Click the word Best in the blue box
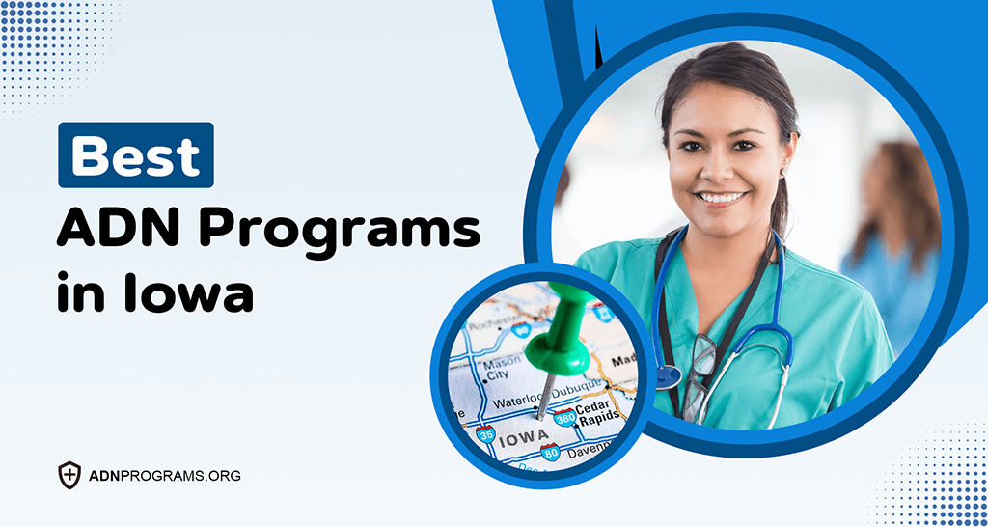tap(135, 155)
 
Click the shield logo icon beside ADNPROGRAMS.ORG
tap(69, 475)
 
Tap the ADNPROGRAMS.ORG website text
tap(163, 476)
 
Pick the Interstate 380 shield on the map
tap(564, 417)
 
